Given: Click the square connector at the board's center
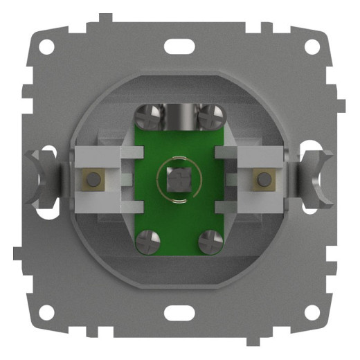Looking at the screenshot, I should coord(179,181).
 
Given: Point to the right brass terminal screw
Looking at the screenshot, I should coord(263,180).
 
